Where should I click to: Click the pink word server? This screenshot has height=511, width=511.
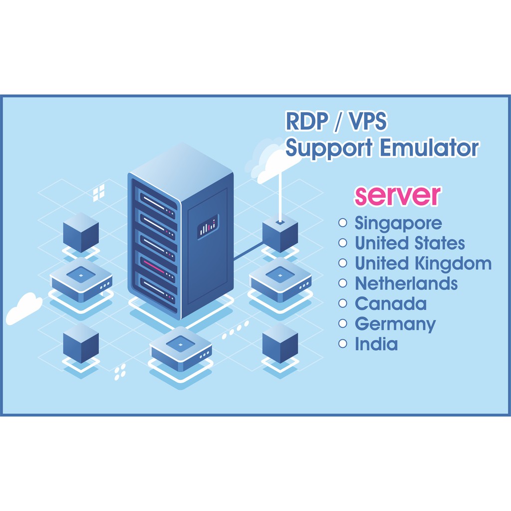(x=397, y=196)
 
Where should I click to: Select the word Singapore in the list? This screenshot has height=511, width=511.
(x=398, y=224)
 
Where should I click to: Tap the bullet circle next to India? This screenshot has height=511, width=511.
(x=342, y=343)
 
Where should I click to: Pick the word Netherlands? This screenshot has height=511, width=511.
(x=406, y=283)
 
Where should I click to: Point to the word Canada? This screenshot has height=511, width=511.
(x=390, y=303)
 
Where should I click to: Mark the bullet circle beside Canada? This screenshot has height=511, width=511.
(x=342, y=303)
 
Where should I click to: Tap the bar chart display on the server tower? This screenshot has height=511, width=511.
(x=208, y=227)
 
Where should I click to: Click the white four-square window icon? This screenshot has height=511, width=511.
(x=99, y=193)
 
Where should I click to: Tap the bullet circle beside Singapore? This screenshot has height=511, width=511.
(x=342, y=223)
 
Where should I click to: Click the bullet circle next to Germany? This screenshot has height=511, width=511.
(x=342, y=323)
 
